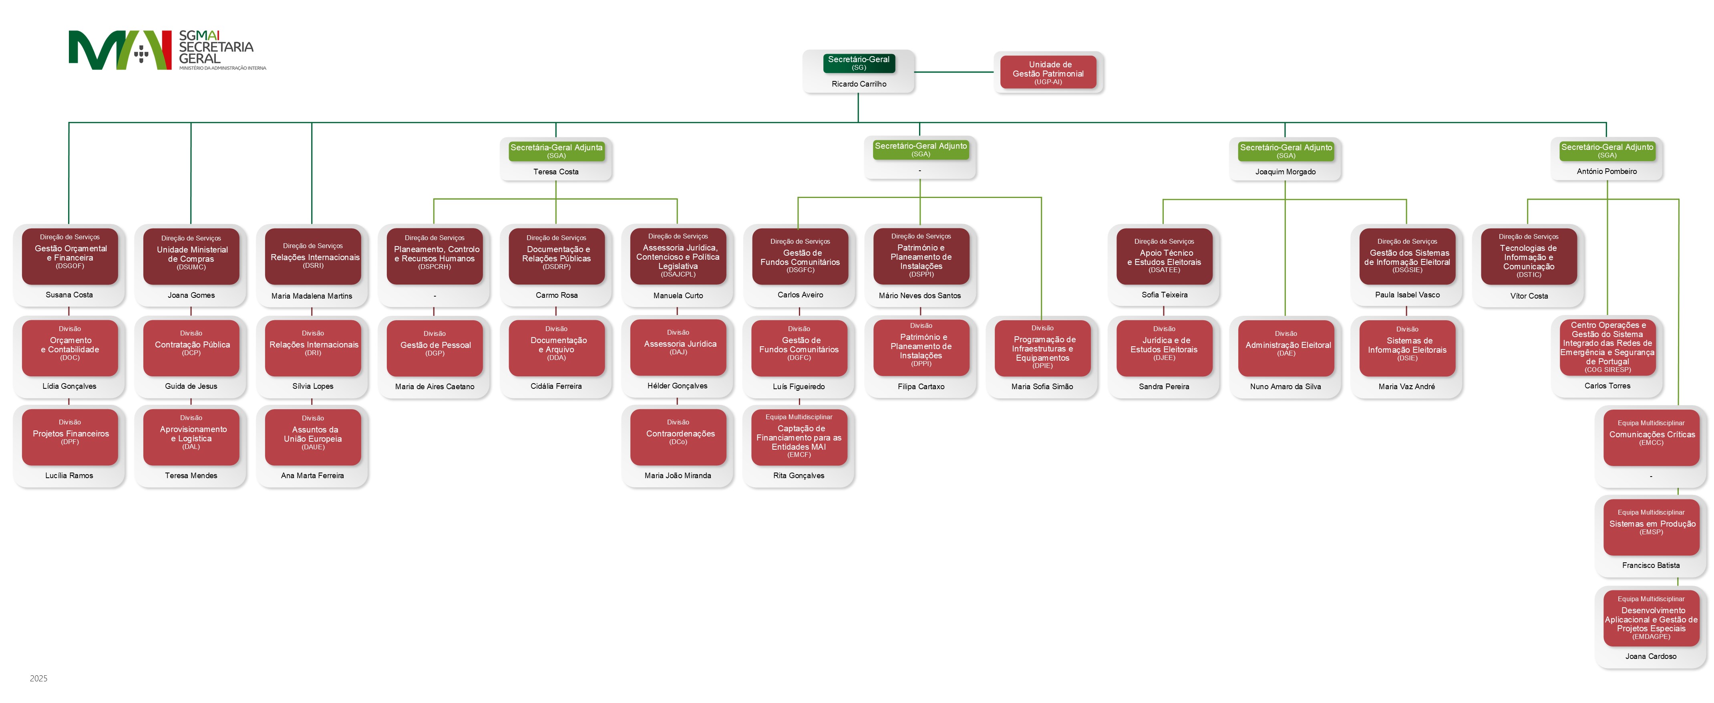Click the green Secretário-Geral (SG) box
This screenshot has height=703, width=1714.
click(858, 63)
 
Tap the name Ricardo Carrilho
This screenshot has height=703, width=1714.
click(858, 84)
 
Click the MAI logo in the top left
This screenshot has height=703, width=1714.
click(120, 50)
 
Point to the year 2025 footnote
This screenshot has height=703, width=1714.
click(38, 679)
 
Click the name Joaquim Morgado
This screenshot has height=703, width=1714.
click(1285, 172)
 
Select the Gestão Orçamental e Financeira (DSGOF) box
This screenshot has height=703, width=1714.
click(70, 256)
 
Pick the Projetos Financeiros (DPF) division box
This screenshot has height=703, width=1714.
click(70, 437)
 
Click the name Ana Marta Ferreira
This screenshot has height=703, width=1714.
click(312, 475)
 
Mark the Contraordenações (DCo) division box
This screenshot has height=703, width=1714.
click(678, 437)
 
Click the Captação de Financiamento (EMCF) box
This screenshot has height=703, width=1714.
click(799, 437)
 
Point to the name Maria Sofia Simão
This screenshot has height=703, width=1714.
click(1042, 387)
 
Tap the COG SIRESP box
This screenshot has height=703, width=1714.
click(1607, 347)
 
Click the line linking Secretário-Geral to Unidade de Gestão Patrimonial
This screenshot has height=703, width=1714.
click(954, 72)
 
